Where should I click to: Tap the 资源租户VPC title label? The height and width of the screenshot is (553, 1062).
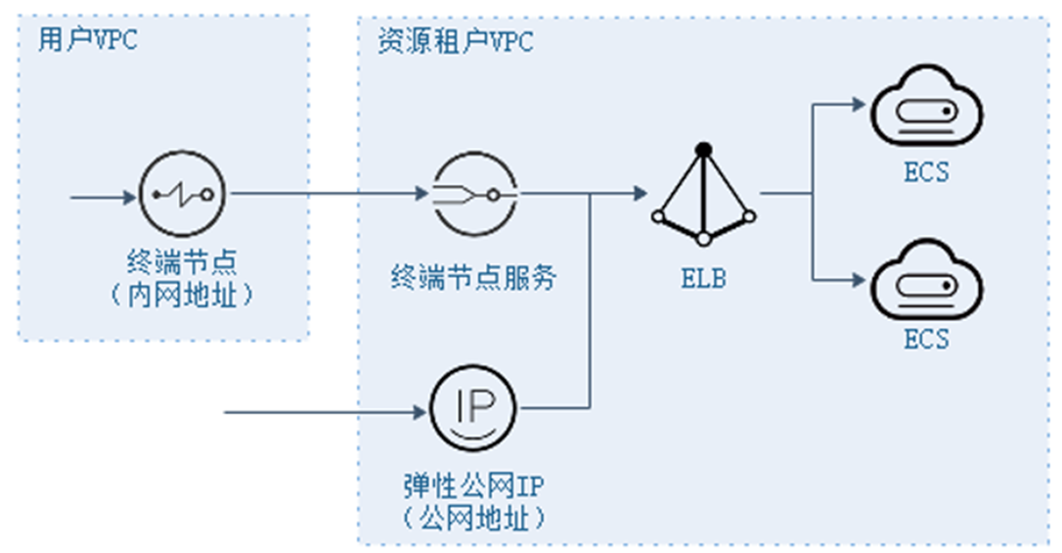pos(455,42)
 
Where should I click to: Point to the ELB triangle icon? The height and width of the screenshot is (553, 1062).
pos(702,196)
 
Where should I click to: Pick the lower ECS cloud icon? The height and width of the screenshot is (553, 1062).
pos(925,285)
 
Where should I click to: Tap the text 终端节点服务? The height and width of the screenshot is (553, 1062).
pos(471,277)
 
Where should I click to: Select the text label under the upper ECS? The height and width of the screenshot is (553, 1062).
pos(925,172)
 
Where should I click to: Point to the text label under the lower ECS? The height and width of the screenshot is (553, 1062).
pos(925,340)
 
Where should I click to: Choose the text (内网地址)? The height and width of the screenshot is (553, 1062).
pos(182,294)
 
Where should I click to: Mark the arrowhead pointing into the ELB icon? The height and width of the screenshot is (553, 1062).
pos(638,194)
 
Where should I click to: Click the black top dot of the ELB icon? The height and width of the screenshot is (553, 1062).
pos(702,148)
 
